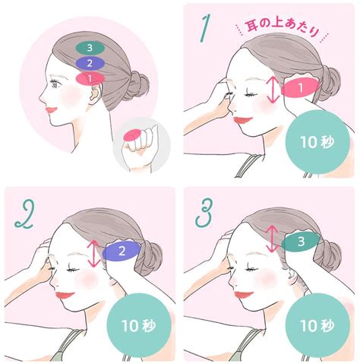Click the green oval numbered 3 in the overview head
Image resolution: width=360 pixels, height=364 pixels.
point(90,48)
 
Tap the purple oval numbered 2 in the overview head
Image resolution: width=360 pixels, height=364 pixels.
point(90,63)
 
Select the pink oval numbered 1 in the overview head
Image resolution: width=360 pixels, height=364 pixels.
point(90,78)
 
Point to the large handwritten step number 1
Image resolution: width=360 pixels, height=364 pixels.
point(205,27)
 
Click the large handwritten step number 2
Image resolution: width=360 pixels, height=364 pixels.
point(25,215)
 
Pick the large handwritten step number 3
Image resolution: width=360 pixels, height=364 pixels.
point(204,212)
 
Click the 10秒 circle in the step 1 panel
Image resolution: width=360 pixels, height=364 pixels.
point(317,142)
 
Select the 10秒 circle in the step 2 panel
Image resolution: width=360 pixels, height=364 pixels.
point(139,326)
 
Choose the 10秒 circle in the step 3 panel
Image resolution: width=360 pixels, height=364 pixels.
point(317,326)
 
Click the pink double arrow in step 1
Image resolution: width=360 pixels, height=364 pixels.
point(273,90)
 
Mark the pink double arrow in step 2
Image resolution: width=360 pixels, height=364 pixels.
point(94,254)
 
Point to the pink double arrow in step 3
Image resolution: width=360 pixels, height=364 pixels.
point(272,239)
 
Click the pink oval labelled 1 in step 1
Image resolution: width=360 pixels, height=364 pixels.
point(301,87)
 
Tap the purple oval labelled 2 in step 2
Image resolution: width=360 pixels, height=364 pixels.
point(122,251)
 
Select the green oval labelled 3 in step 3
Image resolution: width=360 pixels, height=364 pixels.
point(301,242)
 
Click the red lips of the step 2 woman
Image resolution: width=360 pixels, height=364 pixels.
point(64,295)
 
